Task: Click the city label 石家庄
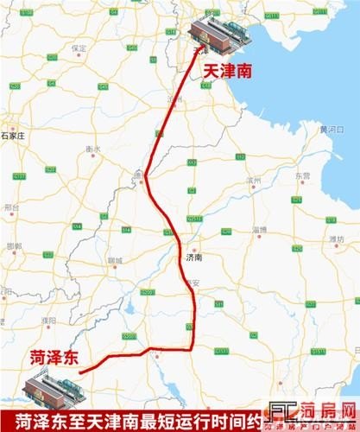pyautogui.click(x=15, y=136)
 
